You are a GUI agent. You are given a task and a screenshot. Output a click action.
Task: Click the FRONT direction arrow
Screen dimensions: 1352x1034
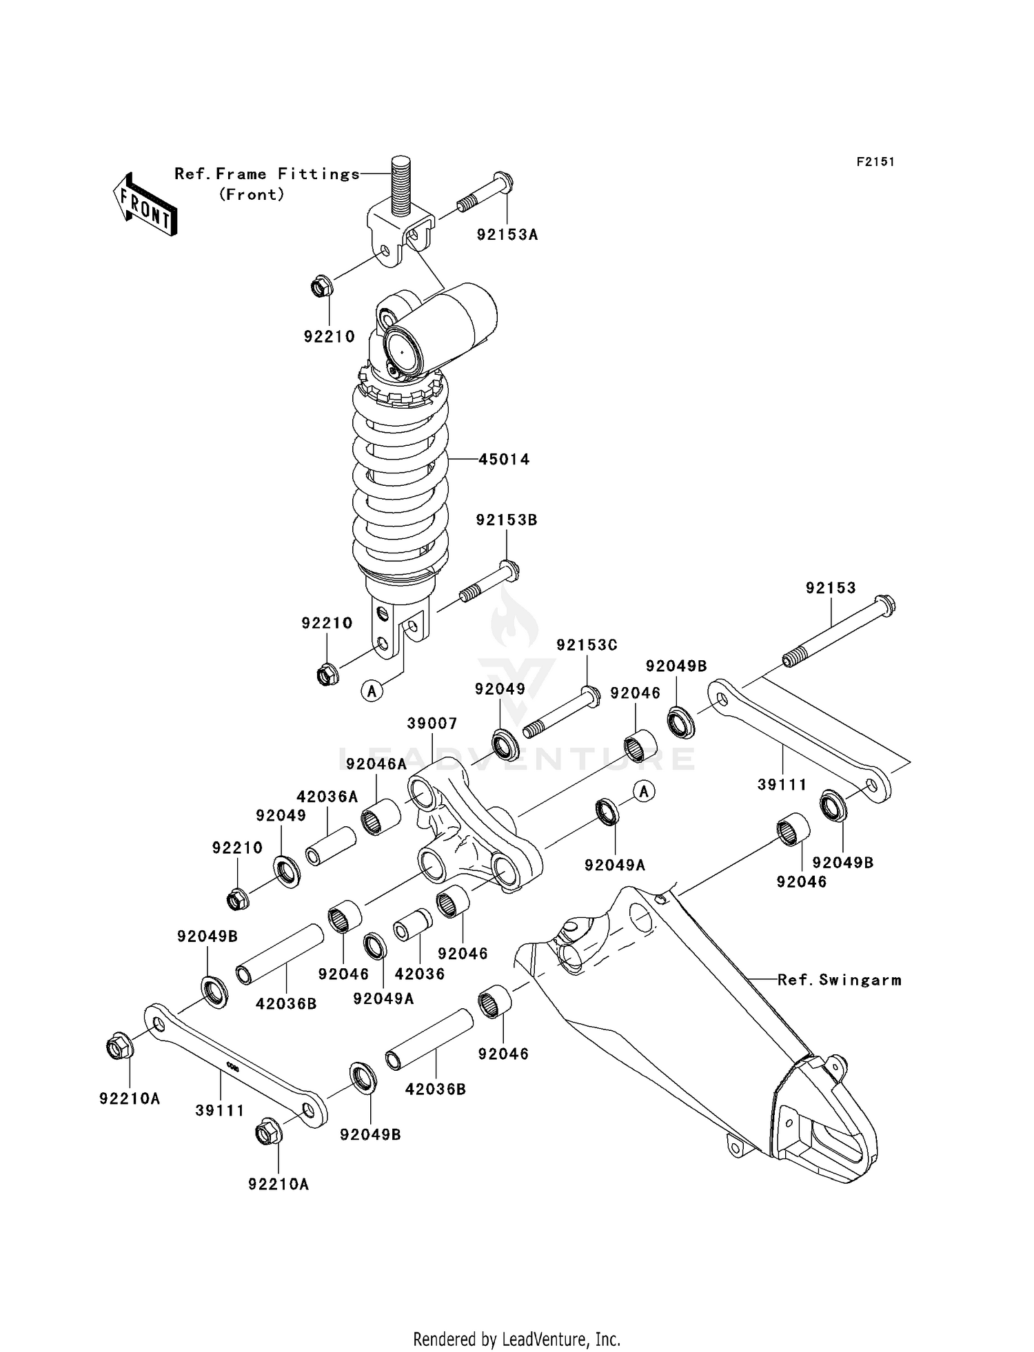145,205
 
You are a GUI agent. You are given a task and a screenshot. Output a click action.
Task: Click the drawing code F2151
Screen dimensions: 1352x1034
875,162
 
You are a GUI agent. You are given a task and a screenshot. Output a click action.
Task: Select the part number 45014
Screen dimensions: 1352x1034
504,459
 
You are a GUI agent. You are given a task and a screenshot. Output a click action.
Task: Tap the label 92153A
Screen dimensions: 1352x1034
507,235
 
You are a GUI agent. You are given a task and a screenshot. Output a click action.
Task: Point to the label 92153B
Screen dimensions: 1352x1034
506,520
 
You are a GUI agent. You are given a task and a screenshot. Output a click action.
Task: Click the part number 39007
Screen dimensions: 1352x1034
432,724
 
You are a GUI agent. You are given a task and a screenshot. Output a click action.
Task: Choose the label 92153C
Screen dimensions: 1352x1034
587,645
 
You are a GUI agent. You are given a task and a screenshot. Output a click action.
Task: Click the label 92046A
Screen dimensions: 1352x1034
376,764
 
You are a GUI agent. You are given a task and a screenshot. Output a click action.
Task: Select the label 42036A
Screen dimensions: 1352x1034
327,797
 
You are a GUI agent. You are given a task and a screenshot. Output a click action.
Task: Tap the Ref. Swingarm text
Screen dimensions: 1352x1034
839,980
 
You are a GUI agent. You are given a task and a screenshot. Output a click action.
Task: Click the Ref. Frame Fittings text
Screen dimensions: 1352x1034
267,174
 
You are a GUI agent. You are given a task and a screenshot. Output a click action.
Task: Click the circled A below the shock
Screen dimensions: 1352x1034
372,690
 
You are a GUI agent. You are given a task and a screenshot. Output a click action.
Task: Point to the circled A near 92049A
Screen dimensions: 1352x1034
644,792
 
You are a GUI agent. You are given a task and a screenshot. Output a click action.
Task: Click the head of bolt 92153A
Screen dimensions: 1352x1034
504,183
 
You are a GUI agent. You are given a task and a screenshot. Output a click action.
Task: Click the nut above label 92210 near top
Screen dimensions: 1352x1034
321,286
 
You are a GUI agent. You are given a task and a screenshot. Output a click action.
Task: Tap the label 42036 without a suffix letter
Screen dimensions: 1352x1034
419,974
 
